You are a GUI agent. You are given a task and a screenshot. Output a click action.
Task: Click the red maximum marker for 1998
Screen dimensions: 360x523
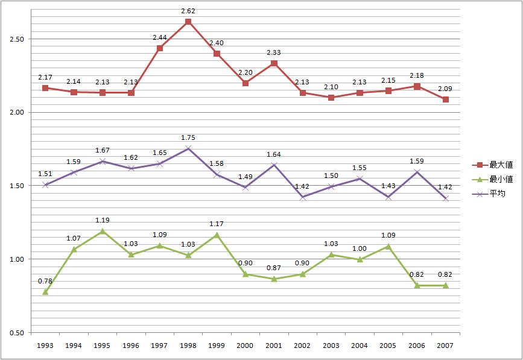coord(188,22)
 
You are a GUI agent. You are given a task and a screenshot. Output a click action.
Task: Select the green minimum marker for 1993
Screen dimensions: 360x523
coord(45,292)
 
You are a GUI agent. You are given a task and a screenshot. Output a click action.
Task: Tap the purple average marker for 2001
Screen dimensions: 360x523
coord(274,165)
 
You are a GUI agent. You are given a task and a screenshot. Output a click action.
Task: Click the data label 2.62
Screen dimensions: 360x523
coord(188,11)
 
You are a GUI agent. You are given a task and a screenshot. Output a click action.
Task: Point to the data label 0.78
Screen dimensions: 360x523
coord(45,281)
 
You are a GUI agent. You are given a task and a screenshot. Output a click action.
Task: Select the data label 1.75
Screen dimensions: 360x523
coord(188,137)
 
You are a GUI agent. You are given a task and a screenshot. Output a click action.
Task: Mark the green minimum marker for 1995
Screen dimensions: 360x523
coord(103,231)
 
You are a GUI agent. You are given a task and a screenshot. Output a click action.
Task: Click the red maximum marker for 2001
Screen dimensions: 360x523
coord(274,63)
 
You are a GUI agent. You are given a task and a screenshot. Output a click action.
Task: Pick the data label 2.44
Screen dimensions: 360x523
coord(160,37)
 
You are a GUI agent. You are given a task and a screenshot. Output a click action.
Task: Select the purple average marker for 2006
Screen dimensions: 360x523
coord(417,172)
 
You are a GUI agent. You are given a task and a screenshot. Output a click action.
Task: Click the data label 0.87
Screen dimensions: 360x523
coord(274,268)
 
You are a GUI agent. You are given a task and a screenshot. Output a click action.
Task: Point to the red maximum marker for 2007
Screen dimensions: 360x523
coord(445,99)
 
